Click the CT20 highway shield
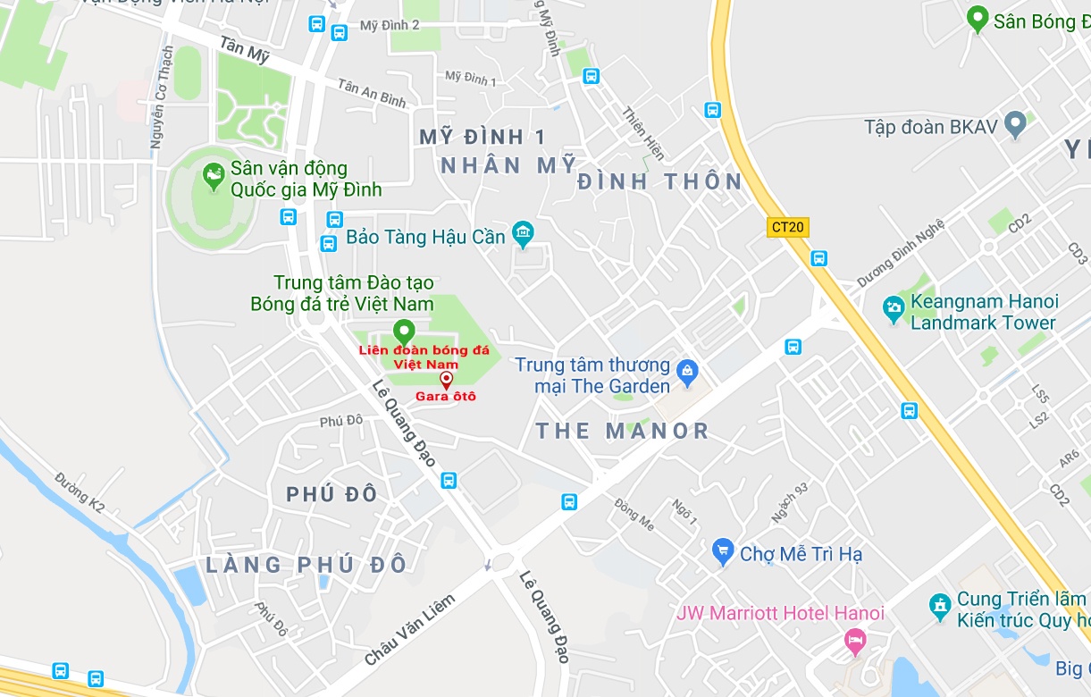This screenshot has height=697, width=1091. (x=788, y=227)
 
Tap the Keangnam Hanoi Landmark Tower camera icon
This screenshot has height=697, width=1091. (x=894, y=310)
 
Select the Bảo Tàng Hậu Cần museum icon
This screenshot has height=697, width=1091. (x=523, y=236)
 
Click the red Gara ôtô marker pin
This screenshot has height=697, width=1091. (x=446, y=380)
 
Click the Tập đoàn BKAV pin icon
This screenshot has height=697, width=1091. (x=1014, y=125)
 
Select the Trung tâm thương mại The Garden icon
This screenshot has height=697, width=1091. (x=687, y=370)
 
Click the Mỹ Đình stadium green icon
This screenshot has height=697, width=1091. (x=213, y=177)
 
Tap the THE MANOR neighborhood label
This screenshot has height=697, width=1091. (x=622, y=432)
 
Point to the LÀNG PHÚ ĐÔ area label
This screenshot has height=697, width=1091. (x=306, y=565)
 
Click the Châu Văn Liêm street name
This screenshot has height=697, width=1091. (x=410, y=630)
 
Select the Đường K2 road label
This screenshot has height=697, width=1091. (x=80, y=492)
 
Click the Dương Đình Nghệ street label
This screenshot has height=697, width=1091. (x=900, y=253)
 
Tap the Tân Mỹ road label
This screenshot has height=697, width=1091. (x=245, y=49)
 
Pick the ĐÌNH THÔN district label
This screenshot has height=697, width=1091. (x=659, y=182)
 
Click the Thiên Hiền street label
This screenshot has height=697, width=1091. (x=643, y=133)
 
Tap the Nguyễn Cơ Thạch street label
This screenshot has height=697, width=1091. (x=162, y=98)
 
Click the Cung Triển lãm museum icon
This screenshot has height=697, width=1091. (x=939, y=607)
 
